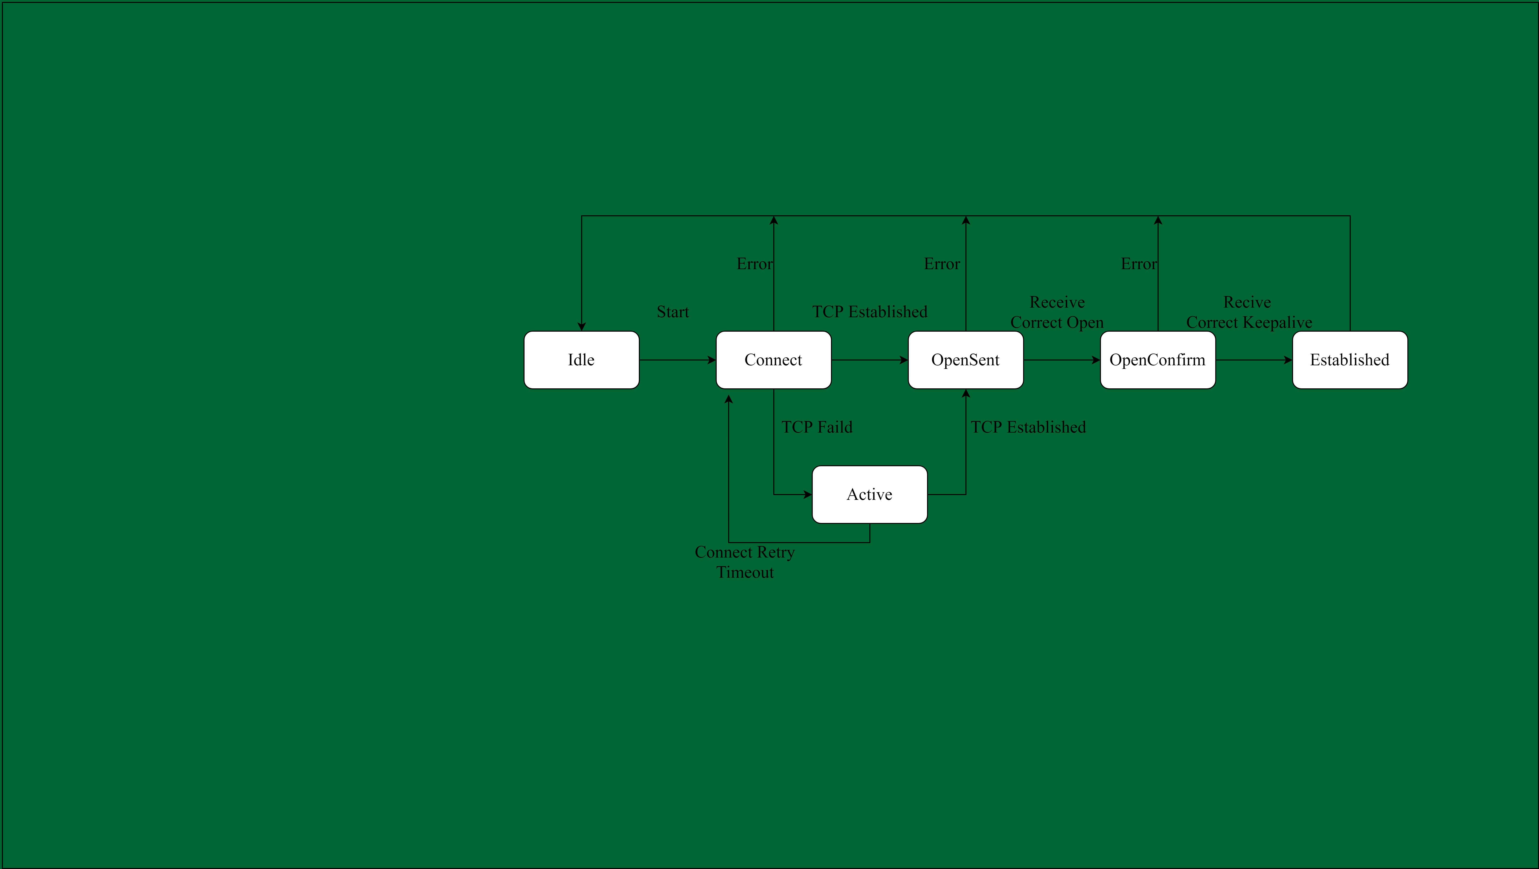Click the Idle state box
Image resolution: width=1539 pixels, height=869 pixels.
coord(581,360)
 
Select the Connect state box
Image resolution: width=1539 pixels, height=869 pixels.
coord(773,360)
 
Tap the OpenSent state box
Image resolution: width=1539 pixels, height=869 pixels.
coord(965,360)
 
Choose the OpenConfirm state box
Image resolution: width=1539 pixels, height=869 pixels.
coord(1157,360)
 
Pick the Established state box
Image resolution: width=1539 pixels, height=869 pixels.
coord(1350,360)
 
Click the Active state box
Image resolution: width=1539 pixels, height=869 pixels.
coord(869,494)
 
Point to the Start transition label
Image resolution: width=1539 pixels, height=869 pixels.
coord(673,312)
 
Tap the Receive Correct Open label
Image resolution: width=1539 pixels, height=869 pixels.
coord(1057,312)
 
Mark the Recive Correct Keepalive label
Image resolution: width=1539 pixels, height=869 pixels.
coord(1249,312)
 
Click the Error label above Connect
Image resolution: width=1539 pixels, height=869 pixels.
coord(755,264)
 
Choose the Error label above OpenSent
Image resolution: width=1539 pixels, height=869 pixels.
coord(941,264)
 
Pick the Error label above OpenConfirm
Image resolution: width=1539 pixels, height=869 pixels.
coord(1139,264)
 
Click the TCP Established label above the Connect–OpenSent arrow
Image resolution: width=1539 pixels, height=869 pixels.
coord(869,312)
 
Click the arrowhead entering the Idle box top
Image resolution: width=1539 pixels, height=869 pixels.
coord(581,326)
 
